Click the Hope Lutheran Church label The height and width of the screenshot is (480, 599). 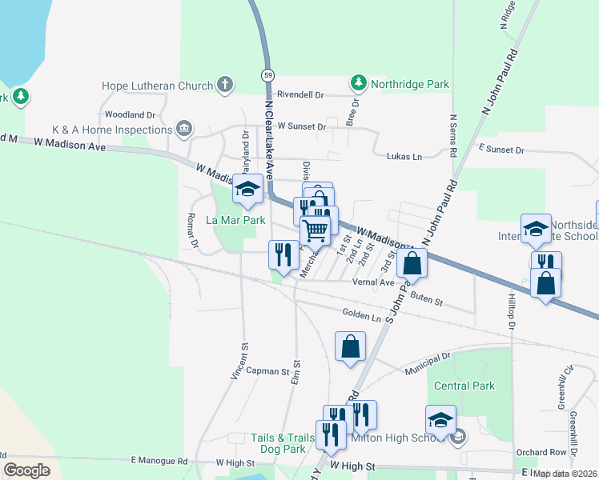pyautogui.click(x=158, y=86)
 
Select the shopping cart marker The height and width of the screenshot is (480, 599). pyautogui.click(x=316, y=230)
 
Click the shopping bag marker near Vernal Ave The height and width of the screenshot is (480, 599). pyautogui.click(x=412, y=262)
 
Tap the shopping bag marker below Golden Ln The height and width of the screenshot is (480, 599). pyautogui.click(x=350, y=346)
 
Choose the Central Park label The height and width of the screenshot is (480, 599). pyautogui.click(x=464, y=386)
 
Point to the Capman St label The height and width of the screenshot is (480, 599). pyautogui.click(x=267, y=371)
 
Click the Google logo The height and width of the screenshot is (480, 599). pyautogui.click(x=27, y=470)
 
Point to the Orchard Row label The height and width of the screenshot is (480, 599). pyautogui.click(x=541, y=452)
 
